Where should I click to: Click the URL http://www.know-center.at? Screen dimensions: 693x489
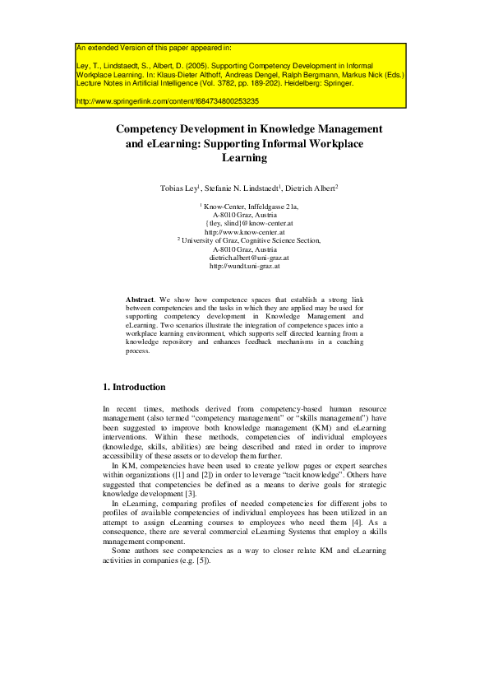tap(244, 232)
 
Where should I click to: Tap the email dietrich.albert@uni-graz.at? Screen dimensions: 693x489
tap(244, 258)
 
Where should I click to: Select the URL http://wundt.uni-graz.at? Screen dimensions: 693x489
tap(244, 267)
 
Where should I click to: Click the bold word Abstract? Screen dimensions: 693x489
tap(141, 298)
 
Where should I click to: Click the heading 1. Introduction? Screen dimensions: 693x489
tap(134, 387)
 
